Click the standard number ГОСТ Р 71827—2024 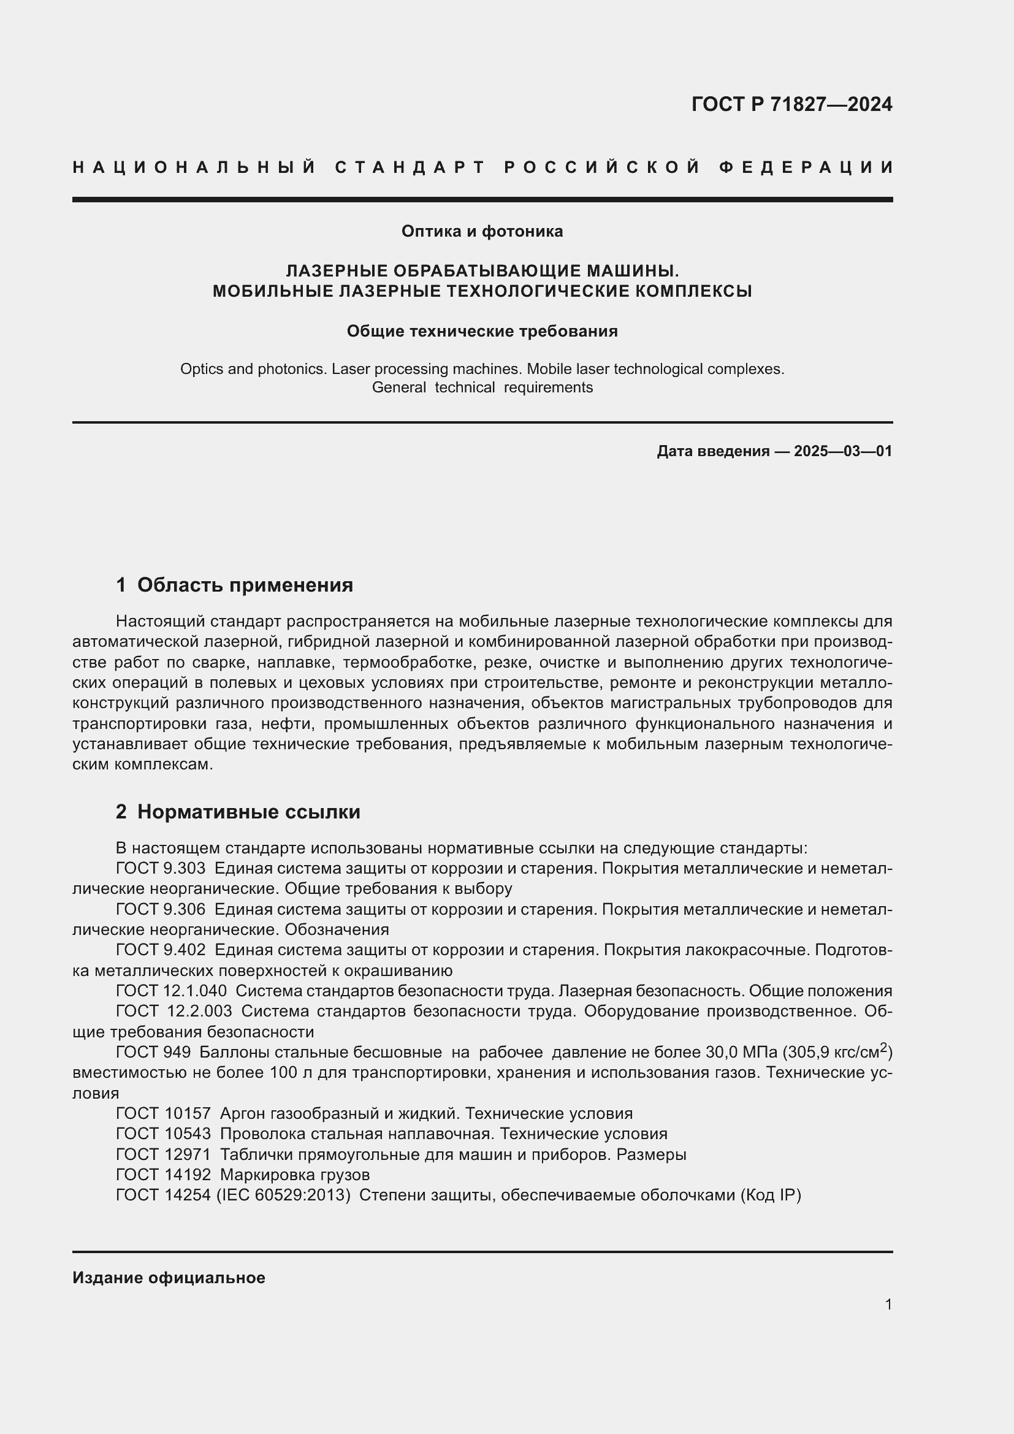(791, 104)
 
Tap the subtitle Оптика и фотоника (482, 232)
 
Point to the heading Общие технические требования (482, 331)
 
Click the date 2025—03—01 (842, 451)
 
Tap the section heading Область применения (245, 585)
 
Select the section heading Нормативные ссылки (248, 812)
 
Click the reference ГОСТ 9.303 (161, 869)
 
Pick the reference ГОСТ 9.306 (161, 909)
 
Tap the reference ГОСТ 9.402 (161, 950)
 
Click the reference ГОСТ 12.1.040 (171, 991)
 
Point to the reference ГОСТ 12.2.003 (173, 1011)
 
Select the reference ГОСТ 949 (153, 1053)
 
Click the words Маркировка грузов (295, 1175)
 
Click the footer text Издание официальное (169, 1278)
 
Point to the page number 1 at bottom (888, 1304)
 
